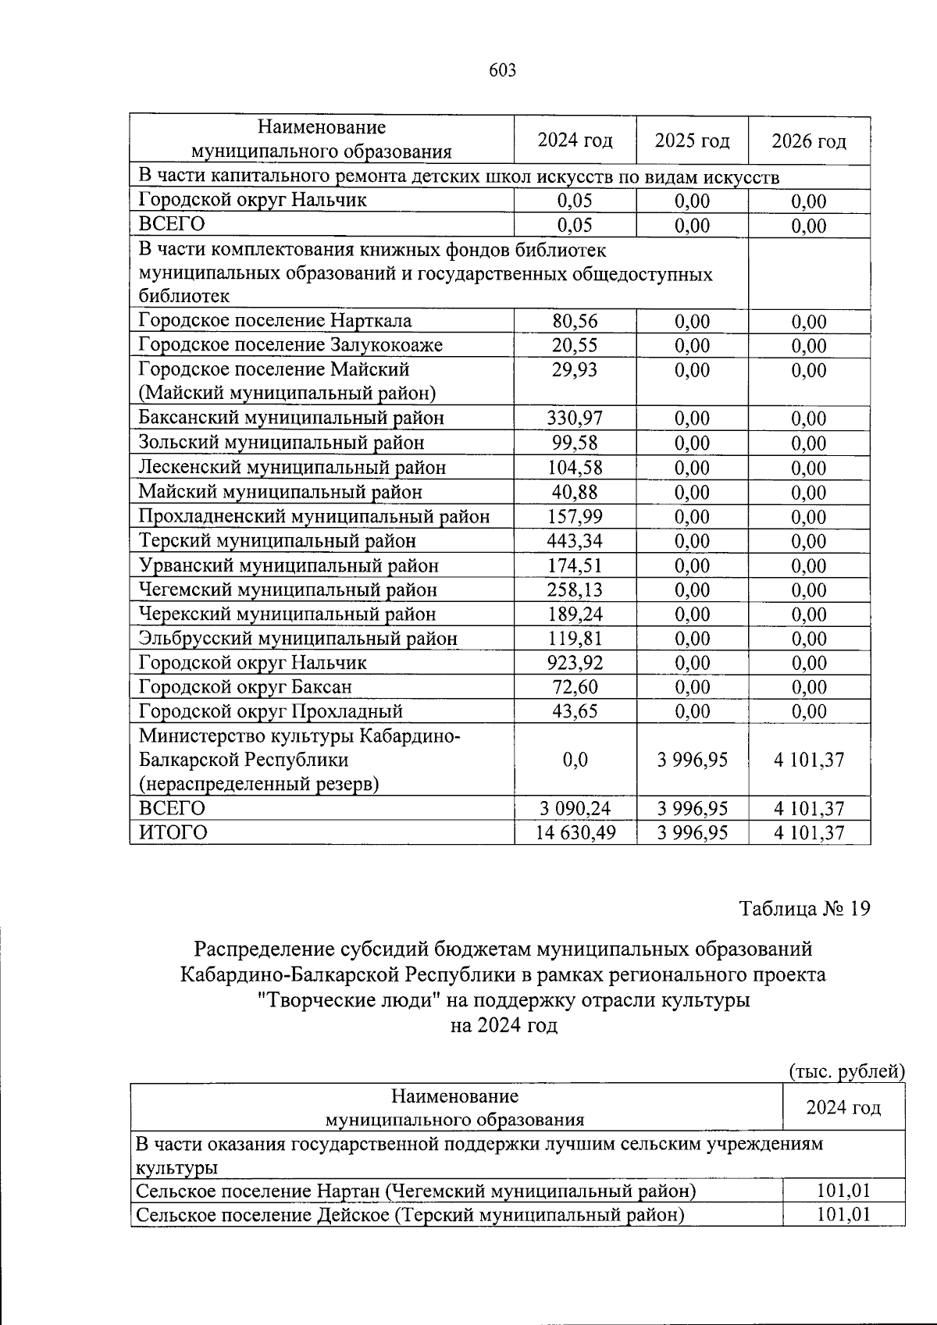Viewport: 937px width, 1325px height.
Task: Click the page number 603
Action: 502,71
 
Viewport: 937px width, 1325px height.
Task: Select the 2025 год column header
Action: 692,141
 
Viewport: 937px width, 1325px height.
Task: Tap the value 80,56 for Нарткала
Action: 575,322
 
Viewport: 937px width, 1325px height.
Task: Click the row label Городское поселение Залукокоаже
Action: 290,345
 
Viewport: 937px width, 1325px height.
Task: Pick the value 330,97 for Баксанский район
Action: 575,419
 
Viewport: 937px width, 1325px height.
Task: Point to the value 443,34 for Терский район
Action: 575,540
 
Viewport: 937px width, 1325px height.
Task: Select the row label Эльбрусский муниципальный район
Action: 297,639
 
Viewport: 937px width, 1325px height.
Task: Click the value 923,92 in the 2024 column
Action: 575,663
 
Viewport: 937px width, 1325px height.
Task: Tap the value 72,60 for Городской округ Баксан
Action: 575,687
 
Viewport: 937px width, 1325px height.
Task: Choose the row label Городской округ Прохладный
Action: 270,711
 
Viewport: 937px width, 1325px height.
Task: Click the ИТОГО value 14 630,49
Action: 575,833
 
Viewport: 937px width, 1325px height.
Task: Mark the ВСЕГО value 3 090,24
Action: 575,809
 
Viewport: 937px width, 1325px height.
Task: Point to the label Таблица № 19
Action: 804,909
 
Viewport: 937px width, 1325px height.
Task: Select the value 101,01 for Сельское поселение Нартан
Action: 843,1191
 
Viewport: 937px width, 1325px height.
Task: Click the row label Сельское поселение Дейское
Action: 409,1215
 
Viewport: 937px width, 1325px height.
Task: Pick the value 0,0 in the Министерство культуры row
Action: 575,760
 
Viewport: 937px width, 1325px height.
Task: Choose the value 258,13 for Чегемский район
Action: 575,589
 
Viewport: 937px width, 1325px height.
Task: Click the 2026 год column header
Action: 809,141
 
